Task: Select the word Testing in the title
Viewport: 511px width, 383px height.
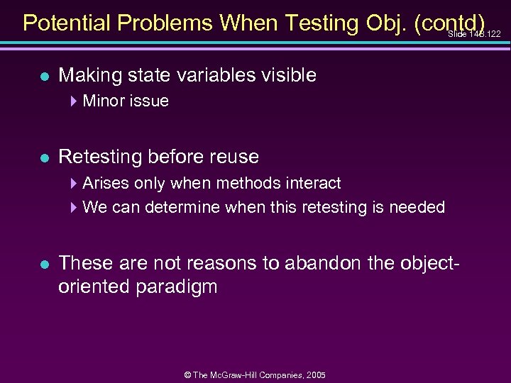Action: coord(323,23)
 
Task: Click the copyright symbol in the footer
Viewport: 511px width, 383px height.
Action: coord(185,375)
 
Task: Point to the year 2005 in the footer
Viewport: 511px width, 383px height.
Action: coord(316,375)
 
